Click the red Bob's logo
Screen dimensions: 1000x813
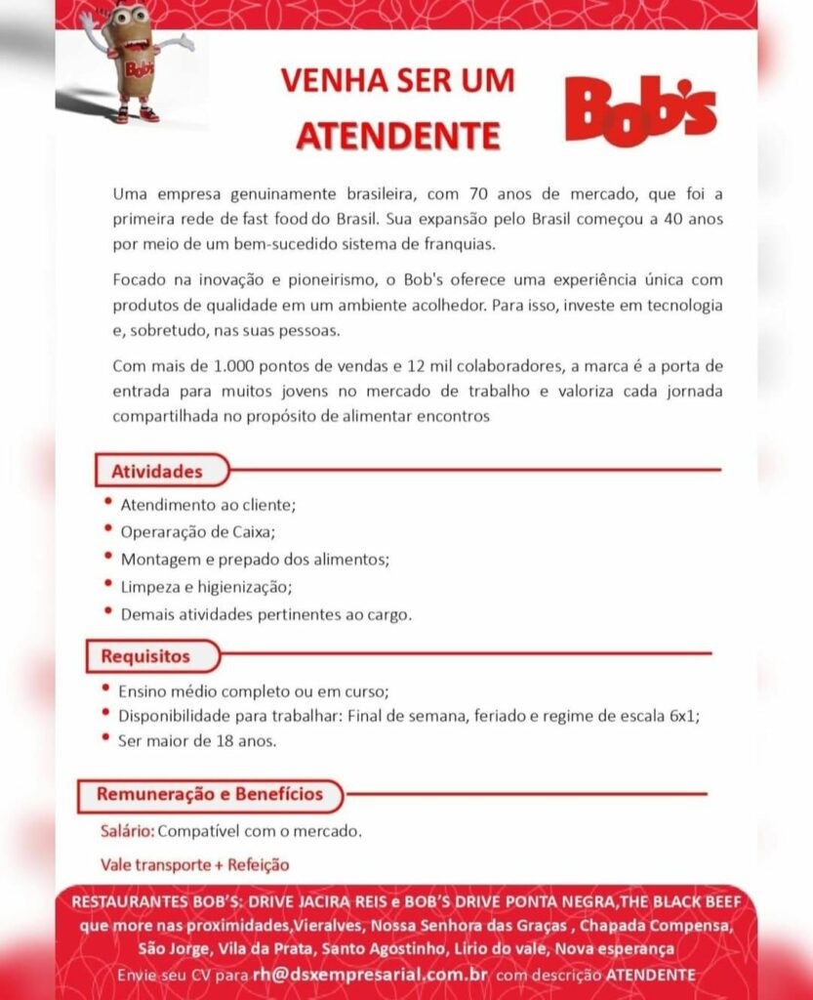(640, 110)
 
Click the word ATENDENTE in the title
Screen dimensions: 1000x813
(397, 135)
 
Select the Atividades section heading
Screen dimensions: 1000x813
(157, 471)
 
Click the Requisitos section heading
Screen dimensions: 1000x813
(145, 655)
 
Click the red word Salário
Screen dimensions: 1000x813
(127, 832)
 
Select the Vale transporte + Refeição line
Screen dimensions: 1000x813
(195, 864)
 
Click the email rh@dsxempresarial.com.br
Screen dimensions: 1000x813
(370, 975)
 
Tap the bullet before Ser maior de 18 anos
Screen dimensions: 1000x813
(105, 737)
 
